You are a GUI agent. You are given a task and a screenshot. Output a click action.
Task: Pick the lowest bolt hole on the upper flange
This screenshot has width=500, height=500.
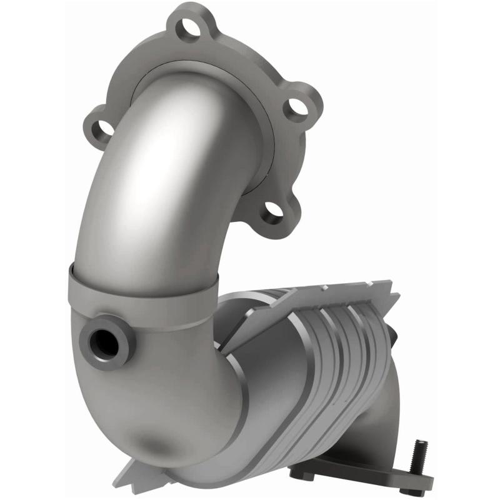272,212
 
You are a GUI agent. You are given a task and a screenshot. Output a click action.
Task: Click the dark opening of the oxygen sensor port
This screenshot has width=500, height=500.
102,341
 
